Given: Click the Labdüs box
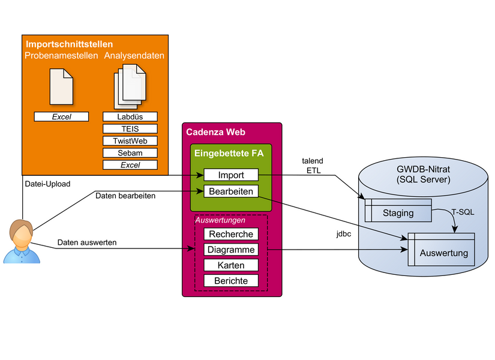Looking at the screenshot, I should (130, 117).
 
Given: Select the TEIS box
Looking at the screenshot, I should (130, 129).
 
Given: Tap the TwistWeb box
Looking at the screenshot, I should (130, 141).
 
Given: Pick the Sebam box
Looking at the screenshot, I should (130, 153).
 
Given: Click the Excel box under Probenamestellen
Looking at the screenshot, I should (61, 117).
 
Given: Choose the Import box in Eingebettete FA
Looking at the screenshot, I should (231, 175).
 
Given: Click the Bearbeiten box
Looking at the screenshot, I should (231, 192).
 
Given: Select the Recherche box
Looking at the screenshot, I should (231, 234).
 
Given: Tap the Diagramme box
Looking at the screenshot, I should (231, 250).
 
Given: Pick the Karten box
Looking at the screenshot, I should (231, 265).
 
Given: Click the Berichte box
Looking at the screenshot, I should (231, 281).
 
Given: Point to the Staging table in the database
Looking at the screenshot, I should (398, 212).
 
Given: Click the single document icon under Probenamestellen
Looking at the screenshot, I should (61, 88).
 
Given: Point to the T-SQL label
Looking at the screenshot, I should (463, 213).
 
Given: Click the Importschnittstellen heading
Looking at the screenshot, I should (70, 44).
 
